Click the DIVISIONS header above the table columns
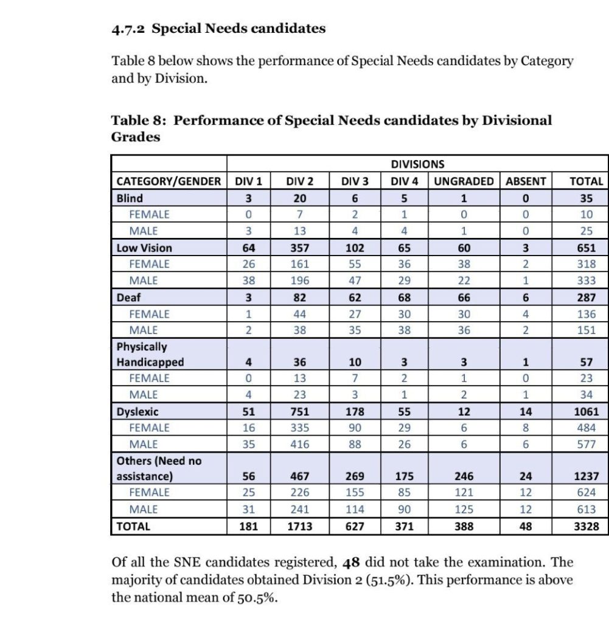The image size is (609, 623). coord(417,164)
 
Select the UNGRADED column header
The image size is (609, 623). coord(464,181)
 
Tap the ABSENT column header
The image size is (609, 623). coord(526,181)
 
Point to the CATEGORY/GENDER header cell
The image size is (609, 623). coord(169,181)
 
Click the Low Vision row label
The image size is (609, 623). coord(144,248)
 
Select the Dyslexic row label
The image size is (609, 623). coord(137,411)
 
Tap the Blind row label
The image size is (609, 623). coord(130,198)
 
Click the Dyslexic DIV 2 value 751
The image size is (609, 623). coord(299,411)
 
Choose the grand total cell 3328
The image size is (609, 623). coord(586,526)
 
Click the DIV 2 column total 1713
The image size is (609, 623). coord(299,526)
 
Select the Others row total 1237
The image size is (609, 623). coord(586,476)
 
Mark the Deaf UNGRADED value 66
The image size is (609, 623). coord(464,298)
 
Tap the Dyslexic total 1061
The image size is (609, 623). coord(586,411)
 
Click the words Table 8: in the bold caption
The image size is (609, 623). coord(138,120)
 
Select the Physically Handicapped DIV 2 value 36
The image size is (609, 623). coord(299,362)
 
